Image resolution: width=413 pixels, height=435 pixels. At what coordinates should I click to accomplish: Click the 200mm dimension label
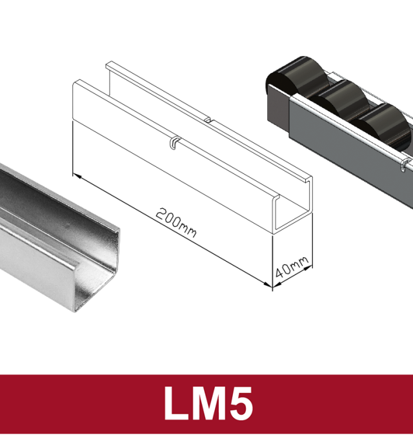tap(176, 222)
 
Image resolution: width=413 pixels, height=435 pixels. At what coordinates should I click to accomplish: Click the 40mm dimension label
tap(292, 267)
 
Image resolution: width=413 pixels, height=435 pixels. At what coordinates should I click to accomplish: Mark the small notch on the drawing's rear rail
tap(208, 120)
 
